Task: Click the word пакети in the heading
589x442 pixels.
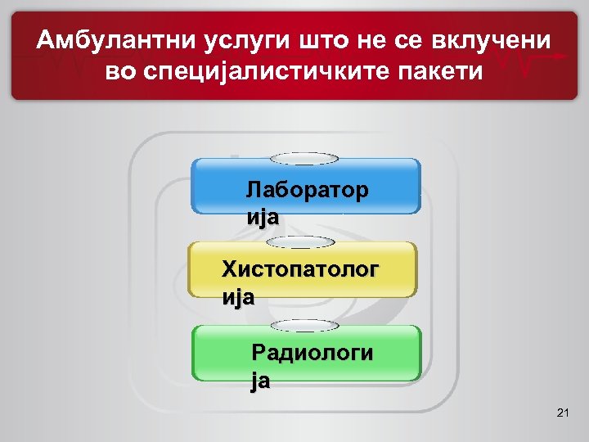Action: tap(440, 71)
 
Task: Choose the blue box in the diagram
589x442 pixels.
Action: tap(305, 186)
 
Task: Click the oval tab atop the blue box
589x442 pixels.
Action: tap(304, 159)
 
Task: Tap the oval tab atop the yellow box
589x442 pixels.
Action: tap(302, 242)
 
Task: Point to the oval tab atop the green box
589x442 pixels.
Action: tap(304, 326)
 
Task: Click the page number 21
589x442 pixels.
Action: tap(562, 414)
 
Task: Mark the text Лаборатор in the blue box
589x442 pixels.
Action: tap(307, 190)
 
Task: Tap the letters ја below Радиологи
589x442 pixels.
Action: tap(261, 381)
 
